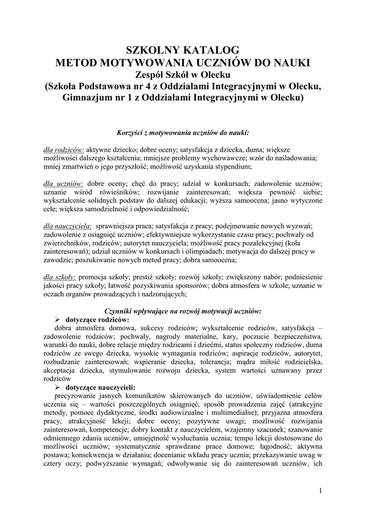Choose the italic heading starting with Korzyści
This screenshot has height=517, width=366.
tap(182, 133)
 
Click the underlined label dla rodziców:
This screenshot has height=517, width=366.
tap(63, 150)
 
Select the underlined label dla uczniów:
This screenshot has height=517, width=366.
tap(63, 184)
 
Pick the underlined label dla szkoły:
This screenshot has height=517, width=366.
tap(60, 277)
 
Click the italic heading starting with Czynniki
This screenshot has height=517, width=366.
tap(182, 311)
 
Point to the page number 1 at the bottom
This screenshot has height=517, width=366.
tap(321, 490)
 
